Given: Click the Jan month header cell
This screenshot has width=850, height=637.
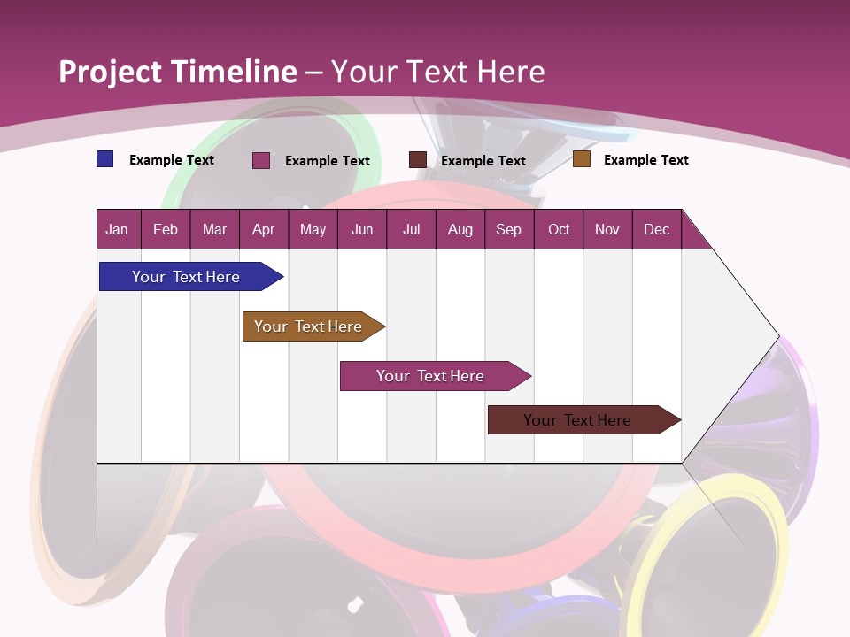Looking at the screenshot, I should click(117, 229).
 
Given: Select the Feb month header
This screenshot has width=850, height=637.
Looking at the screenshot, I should click(166, 229).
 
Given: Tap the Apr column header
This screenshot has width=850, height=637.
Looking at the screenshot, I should click(263, 229).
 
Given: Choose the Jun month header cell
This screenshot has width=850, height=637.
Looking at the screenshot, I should click(362, 229).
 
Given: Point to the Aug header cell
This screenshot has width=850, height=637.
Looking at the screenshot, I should click(460, 229).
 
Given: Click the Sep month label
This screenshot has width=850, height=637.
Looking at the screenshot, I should click(508, 229).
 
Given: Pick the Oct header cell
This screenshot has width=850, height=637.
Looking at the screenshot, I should click(559, 229).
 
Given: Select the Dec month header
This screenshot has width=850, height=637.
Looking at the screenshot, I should click(656, 229).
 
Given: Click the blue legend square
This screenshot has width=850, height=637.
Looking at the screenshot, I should click(104, 159).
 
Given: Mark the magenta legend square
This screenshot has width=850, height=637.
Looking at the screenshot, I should click(260, 160).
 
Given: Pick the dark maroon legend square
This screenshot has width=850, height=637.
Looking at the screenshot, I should click(417, 160).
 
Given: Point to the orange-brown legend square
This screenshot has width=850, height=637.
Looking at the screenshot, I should click(581, 159).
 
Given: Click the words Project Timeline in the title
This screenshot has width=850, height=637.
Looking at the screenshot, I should click(178, 72).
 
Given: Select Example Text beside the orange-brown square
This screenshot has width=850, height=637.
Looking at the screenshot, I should click(645, 160).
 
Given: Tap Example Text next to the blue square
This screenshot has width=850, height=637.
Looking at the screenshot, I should click(172, 160).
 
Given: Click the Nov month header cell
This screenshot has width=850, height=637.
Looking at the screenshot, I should click(607, 229).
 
